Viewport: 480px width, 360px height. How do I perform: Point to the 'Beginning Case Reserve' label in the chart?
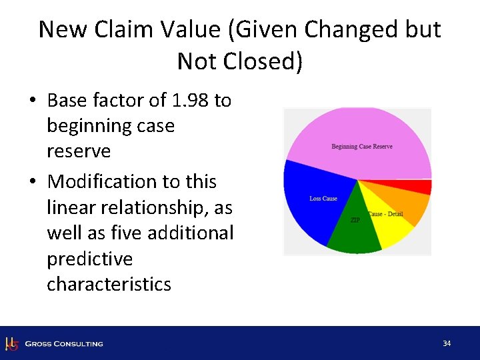[x=362, y=147]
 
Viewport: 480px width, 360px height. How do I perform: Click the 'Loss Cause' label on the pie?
[x=323, y=199]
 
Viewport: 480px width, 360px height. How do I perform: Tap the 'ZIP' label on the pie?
[x=355, y=220]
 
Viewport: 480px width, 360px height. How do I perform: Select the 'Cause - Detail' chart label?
[x=385, y=214]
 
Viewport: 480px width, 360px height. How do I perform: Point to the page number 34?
[x=447, y=343]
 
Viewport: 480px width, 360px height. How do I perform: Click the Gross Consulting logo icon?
[x=11, y=344]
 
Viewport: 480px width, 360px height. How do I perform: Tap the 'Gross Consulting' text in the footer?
[x=64, y=344]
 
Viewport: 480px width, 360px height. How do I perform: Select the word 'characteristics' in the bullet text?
[x=109, y=284]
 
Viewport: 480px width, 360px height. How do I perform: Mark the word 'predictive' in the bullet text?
[x=89, y=259]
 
